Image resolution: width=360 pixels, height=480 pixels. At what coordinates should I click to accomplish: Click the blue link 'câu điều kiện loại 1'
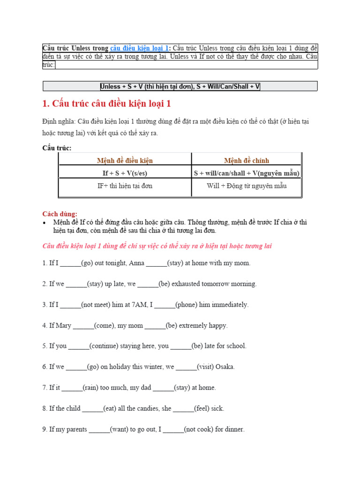(139, 48)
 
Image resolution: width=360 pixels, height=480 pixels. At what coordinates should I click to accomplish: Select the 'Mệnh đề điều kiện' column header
(125, 160)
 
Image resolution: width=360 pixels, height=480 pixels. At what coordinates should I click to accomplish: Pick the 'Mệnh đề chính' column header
(247, 160)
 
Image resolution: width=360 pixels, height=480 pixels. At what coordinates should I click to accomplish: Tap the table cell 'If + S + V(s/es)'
(125, 173)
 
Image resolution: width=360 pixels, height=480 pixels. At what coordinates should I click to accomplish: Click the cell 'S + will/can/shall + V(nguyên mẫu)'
(247, 173)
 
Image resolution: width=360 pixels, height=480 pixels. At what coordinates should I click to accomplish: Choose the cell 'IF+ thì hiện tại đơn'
(125, 186)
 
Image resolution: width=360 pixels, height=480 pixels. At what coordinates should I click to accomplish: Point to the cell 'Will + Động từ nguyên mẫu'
(247, 186)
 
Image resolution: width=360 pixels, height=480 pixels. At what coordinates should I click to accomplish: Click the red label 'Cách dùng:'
(60, 214)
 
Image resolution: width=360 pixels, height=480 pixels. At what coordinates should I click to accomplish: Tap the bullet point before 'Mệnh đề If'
(45, 222)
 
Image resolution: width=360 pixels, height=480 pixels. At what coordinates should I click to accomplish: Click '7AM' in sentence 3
(139, 305)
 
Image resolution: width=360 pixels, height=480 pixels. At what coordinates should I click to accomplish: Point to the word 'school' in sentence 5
(236, 346)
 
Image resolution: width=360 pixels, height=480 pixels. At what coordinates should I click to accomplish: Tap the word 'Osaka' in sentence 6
(225, 367)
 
